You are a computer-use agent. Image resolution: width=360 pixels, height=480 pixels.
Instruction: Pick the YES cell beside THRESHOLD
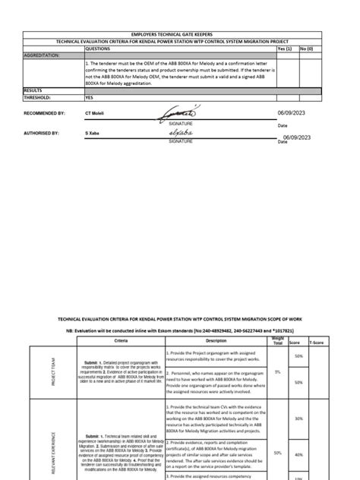click(90, 97)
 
